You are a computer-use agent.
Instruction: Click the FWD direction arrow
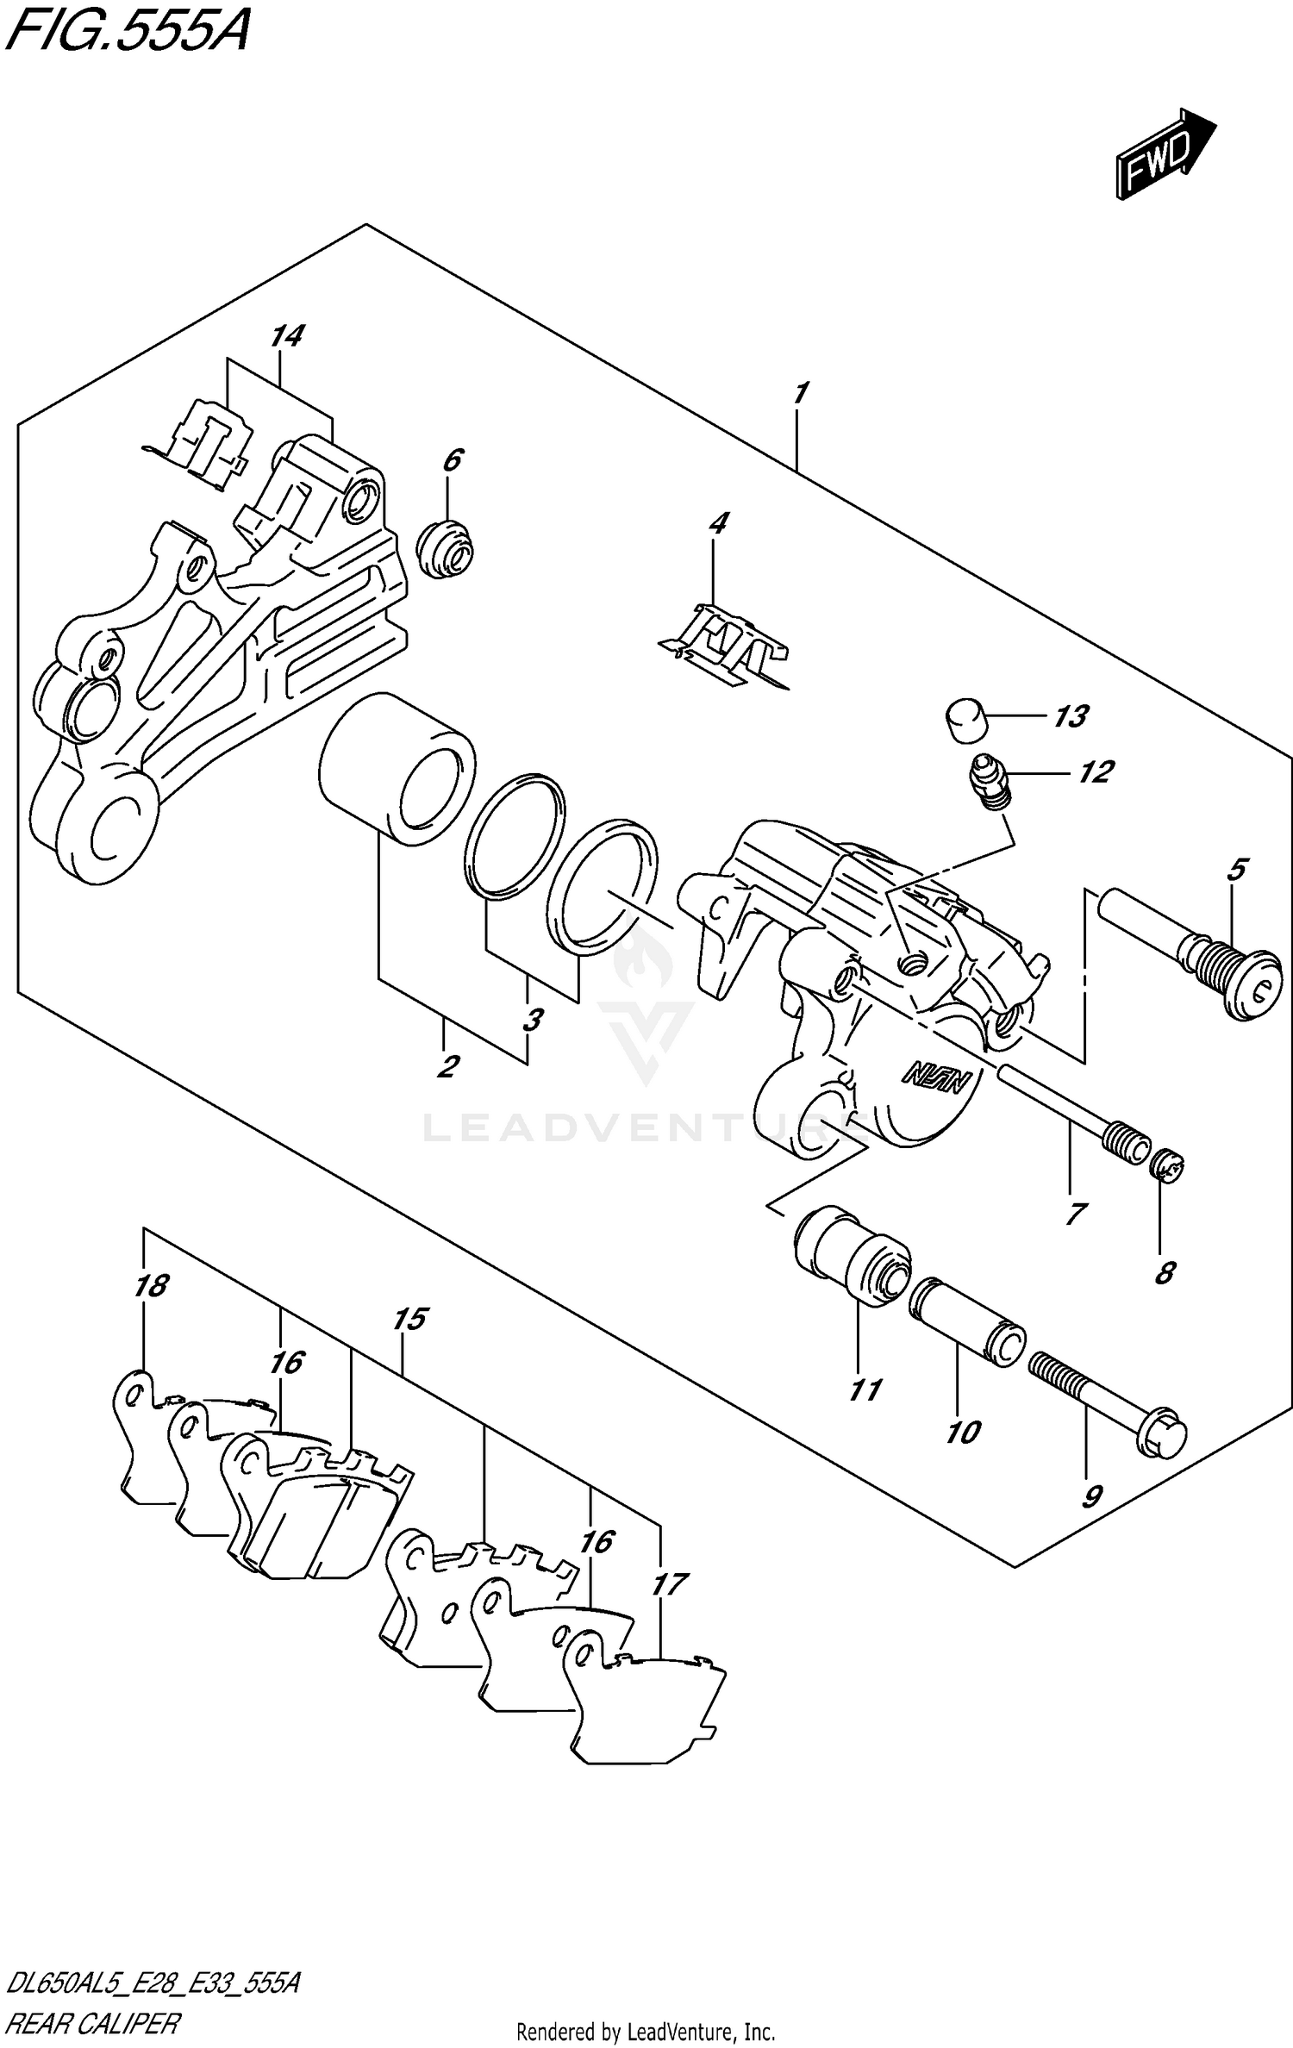coord(1164,155)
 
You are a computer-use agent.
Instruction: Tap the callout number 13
coord(1071,716)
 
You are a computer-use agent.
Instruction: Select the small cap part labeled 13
coord(965,720)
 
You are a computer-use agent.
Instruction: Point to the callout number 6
coord(453,461)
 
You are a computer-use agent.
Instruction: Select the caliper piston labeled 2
coord(397,769)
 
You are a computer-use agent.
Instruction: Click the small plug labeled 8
coord(1169,1167)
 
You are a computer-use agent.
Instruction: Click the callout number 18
coord(151,1286)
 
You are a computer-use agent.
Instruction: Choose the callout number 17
coord(670,1584)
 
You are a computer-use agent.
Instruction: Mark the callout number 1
coord(800,394)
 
